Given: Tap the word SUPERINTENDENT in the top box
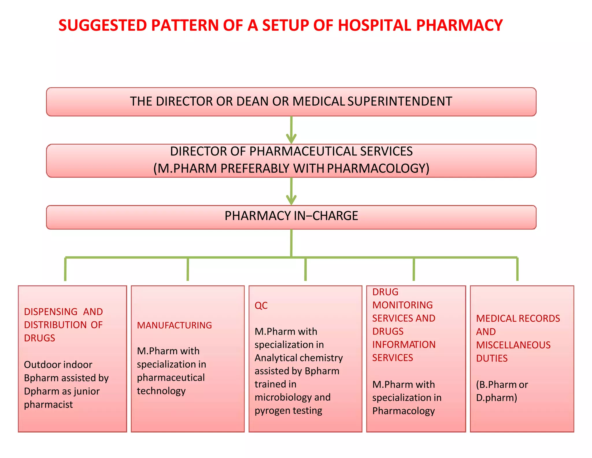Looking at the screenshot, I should [x=400, y=101].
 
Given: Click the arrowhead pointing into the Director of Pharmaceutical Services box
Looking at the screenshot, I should [x=291, y=138].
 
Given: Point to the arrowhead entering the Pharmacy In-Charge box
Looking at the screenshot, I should [x=291, y=200].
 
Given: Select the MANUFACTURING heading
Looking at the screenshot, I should [x=174, y=325].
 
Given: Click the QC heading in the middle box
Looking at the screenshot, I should [x=261, y=306].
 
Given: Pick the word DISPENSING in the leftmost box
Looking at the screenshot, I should [x=51, y=312].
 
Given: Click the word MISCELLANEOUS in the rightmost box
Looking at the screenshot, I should [x=513, y=345].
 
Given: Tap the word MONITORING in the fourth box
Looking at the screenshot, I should [x=402, y=305].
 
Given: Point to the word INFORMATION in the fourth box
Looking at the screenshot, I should [x=404, y=345].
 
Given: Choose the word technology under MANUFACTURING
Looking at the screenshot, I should [x=161, y=391].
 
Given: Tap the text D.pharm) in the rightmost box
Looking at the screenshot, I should [x=496, y=398].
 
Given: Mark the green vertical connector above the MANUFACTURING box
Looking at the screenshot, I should [x=188, y=269].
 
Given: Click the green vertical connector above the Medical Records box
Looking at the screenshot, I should [x=517, y=269].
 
